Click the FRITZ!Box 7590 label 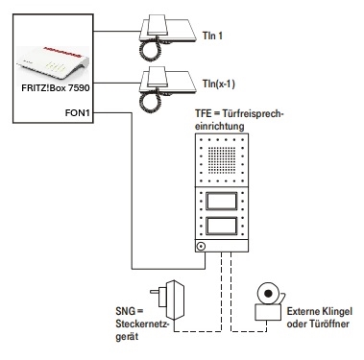coord(56,87)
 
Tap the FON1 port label coord(78,113)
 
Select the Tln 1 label coord(212,36)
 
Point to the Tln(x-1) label coord(219,84)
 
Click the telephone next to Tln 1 coord(167,37)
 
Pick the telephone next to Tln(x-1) coord(167,89)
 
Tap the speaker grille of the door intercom coord(222,159)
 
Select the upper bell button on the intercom coord(222,202)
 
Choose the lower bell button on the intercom coord(222,226)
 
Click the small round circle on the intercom coord(201,247)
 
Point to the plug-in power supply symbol coord(168,300)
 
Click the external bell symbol coord(269,301)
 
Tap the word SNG coord(126,311)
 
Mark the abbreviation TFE coord(204,114)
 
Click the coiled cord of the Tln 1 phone coord(150,49)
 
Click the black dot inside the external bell coord(268,294)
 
